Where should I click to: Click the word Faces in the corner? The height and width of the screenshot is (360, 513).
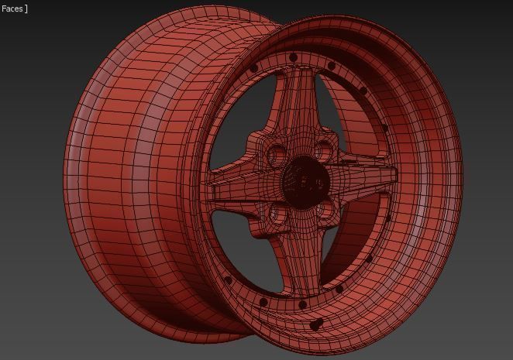pyautogui.click(x=12, y=9)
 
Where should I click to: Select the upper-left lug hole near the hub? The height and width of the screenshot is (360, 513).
pyautogui.click(x=277, y=154)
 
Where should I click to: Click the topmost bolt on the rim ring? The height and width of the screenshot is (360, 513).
pyautogui.click(x=293, y=58)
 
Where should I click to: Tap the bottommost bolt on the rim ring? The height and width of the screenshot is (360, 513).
pyautogui.click(x=303, y=305)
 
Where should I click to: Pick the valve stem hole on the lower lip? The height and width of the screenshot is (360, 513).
pyautogui.click(x=315, y=325)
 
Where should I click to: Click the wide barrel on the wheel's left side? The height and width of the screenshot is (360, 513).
pyautogui.click(x=132, y=186)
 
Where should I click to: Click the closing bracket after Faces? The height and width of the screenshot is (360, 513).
pyautogui.click(x=26, y=9)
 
